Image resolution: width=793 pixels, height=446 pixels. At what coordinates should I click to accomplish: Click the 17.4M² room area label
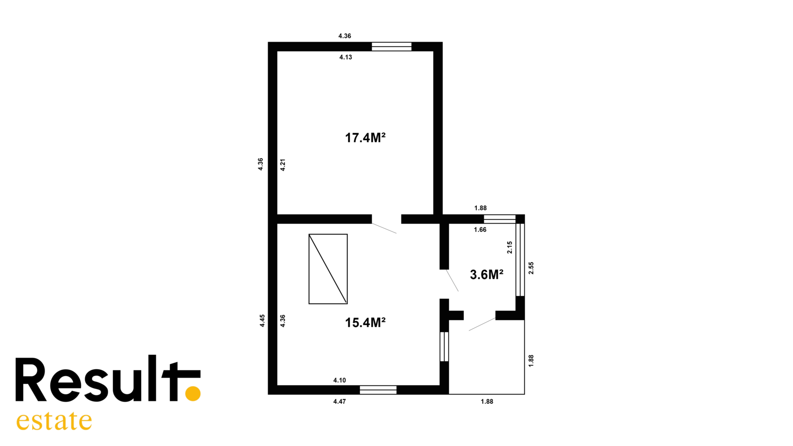(365, 138)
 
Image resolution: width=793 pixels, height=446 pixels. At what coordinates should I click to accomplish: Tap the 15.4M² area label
(365, 323)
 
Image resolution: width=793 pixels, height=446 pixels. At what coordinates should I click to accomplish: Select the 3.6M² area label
(486, 275)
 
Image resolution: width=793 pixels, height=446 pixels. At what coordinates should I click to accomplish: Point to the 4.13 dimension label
(345, 57)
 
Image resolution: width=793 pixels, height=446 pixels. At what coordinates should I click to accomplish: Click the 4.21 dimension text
(283, 165)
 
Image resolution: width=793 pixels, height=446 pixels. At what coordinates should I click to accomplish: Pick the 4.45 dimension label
(262, 321)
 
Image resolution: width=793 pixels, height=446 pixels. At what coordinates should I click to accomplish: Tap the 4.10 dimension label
(340, 380)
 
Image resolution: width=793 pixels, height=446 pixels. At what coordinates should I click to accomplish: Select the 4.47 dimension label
(340, 401)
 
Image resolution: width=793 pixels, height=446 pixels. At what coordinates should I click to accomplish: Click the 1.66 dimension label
(480, 230)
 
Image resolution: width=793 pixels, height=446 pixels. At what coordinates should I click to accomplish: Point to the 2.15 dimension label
(510, 247)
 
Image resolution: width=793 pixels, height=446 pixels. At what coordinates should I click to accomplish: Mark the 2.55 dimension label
(531, 268)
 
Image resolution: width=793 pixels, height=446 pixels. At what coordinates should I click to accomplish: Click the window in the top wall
(392, 47)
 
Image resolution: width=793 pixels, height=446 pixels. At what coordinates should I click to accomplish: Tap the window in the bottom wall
(378, 390)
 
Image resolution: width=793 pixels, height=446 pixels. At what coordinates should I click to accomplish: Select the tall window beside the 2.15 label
(520, 260)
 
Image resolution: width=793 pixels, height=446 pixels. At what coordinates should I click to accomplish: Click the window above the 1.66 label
(500, 219)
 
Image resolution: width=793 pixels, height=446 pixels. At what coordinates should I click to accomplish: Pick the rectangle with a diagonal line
(328, 269)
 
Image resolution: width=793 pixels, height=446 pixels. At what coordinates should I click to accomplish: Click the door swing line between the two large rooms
(384, 228)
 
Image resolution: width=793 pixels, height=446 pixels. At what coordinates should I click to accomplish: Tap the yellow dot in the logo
(193, 393)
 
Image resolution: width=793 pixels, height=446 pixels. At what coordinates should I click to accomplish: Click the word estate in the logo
(54, 421)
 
